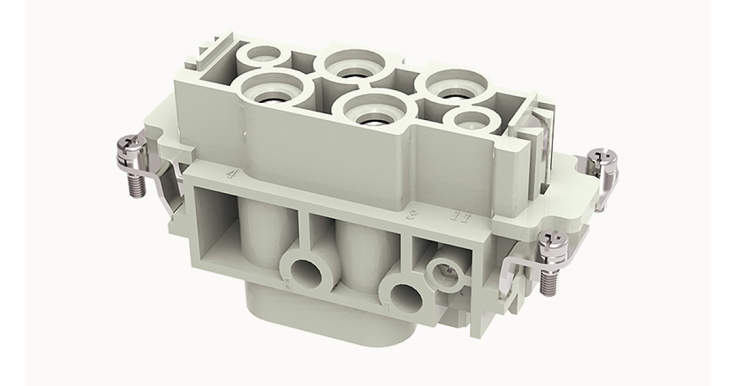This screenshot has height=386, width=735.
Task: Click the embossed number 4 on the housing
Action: click(x=231, y=174)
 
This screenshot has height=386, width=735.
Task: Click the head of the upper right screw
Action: click(x=600, y=160)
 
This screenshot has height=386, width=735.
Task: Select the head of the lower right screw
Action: click(x=549, y=241)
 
